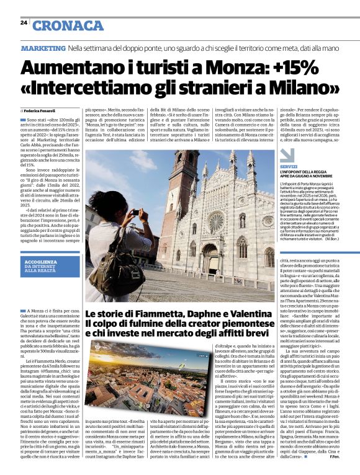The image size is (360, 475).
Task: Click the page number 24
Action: tap(24, 22)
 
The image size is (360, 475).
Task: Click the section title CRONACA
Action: tap(68, 25)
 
